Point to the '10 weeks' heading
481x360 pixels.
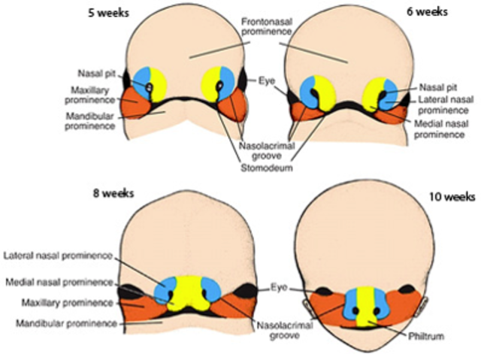pos(451,196)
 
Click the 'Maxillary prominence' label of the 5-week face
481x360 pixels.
pos(93,93)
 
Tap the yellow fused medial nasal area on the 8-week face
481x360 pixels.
pos(186,294)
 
